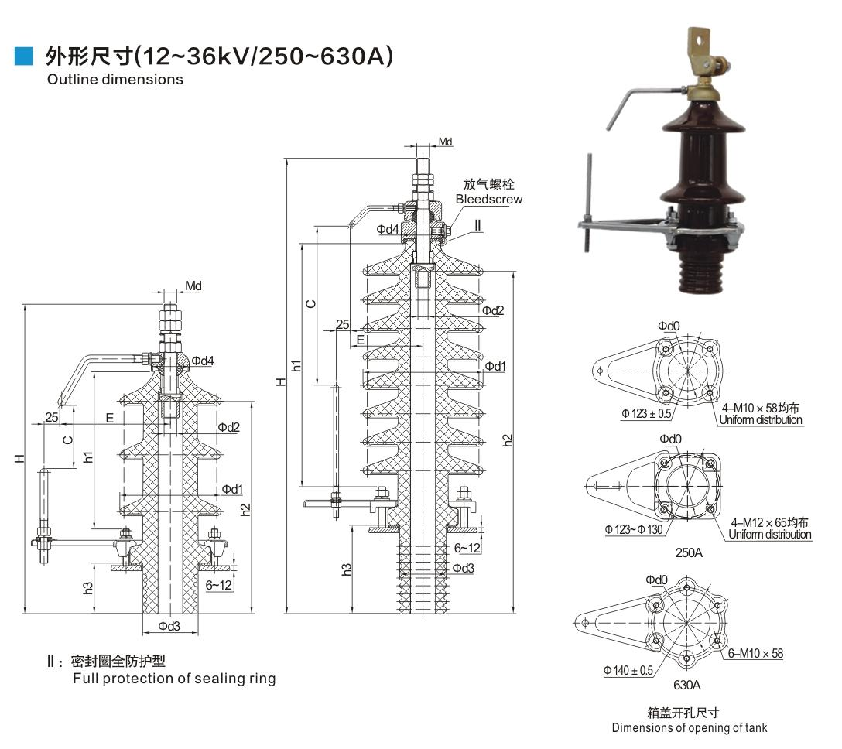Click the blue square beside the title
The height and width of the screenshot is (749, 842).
coord(26,56)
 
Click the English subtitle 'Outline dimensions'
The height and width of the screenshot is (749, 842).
coord(115,79)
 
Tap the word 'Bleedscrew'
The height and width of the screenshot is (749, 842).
coord(488,199)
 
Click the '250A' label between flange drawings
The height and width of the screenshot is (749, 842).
coord(687,553)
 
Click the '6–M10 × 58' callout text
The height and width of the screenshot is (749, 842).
coord(755,654)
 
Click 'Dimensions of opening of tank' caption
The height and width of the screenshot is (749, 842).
coord(690,727)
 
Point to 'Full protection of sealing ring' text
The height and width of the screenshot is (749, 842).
coord(174,679)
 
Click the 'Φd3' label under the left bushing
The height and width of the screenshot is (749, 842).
coord(169,626)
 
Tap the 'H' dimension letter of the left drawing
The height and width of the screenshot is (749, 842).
coord(19,459)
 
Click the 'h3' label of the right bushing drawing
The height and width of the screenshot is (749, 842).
coord(347,568)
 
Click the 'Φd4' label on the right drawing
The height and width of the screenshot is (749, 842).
coord(388,229)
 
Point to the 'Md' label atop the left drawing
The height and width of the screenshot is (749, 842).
coord(193,286)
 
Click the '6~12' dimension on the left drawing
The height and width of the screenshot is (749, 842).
coord(219,585)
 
